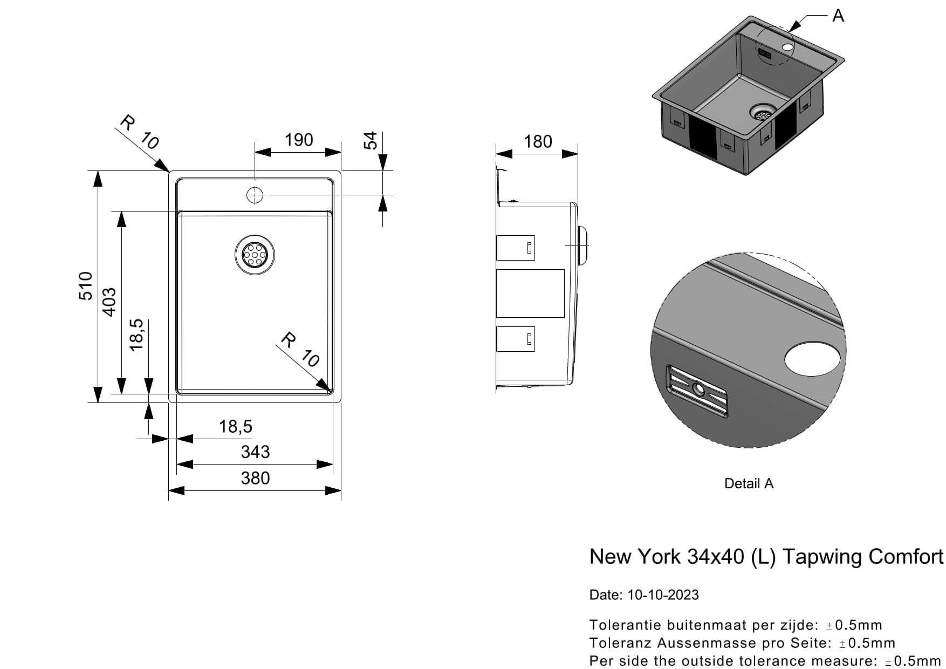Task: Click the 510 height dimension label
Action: coord(86,286)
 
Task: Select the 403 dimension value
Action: coord(109,302)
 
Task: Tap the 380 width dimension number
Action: coord(255,478)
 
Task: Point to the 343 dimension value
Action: coord(255,452)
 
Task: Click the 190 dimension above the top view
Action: coord(299,140)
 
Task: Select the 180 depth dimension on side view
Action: coord(538,141)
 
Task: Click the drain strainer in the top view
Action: coord(255,254)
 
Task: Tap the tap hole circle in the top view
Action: coord(255,195)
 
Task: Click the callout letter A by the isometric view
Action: coord(838,16)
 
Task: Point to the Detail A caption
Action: coord(749,483)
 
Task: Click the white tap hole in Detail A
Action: coord(812,358)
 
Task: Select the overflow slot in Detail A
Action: coord(698,391)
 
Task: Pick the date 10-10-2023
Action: coord(663,595)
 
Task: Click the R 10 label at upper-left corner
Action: coord(139,132)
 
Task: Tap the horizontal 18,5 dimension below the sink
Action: coord(236,426)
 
